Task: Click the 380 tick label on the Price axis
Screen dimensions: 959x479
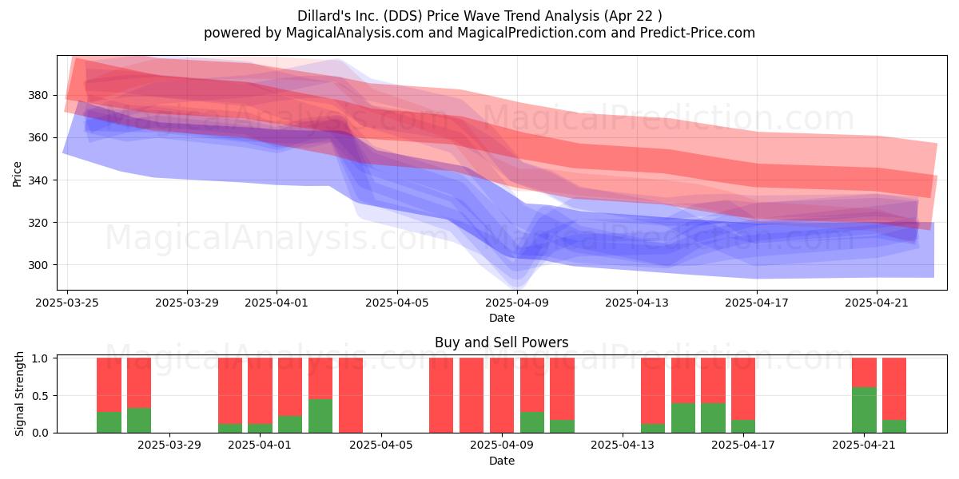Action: (x=38, y=95)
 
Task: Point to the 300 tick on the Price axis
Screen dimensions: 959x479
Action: (x=38, y=265)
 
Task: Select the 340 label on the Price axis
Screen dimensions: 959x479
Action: (x=38, y=180)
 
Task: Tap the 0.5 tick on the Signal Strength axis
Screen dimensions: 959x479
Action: (x=41, y=396)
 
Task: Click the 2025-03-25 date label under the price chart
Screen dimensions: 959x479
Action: (x=67, y=303)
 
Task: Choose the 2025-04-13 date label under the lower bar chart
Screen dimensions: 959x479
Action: (x=623, y=445)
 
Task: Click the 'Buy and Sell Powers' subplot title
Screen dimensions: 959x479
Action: (x=501, y=342)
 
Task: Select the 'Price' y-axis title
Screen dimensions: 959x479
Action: (x=17, y=174)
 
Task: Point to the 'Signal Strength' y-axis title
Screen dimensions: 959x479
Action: (x=19, y=394)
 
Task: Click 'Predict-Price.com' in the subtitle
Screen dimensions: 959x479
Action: (x=698, y=33)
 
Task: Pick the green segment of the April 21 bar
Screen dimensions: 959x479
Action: (x=864, y=410)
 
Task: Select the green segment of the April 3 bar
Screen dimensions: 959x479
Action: (x=320, y=416)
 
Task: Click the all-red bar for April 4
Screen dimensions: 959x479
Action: (x=351, y=395)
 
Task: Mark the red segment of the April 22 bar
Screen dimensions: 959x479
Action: (x=894, y=390)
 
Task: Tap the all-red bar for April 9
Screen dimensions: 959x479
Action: (x=502, y=395)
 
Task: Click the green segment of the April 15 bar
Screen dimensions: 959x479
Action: (x=682, y=418)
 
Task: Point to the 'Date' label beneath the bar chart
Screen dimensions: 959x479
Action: (x=502, y=461)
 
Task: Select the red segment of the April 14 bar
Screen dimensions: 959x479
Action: (x=653, y=391)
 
